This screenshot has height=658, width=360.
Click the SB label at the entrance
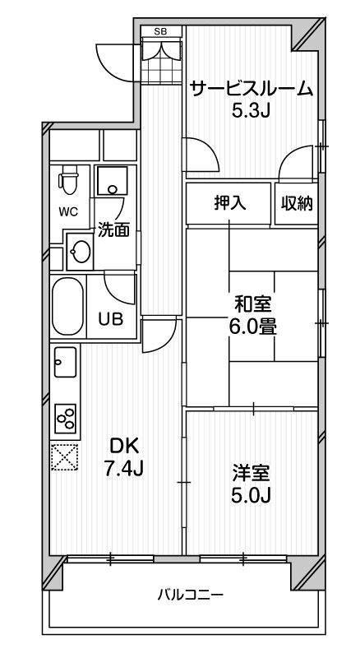162,32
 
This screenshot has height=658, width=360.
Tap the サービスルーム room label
252,89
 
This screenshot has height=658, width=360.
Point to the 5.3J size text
251,110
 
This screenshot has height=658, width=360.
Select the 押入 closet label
228,203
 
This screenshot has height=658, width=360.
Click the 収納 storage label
297,203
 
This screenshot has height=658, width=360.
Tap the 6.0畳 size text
252,327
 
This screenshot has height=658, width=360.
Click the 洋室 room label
252,474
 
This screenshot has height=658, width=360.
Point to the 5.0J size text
251,495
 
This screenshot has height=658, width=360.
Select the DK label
123,447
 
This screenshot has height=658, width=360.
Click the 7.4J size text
123,468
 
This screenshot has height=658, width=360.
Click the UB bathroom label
111,319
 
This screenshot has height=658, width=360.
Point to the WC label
68,212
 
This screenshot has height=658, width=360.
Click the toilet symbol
69,179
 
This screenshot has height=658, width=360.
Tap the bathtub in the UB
67,306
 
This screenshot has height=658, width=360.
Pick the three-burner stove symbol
66,419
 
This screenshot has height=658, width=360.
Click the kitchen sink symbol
65,362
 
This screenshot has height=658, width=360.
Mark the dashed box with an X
64,456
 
